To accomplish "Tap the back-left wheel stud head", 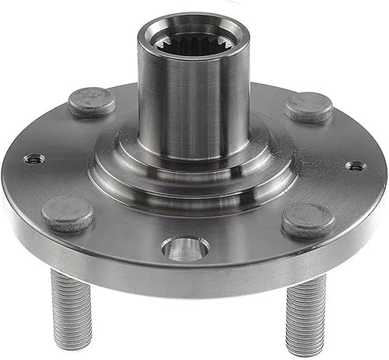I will coord(92,102).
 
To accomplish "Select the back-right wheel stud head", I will coord(309,107).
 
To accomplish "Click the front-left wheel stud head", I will coord(68,212).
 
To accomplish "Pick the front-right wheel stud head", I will coord(308,220).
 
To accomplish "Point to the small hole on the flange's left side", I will coord(33,159).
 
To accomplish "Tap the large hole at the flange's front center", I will coord(185,249).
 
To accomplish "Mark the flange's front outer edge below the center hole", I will coord(187,284).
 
